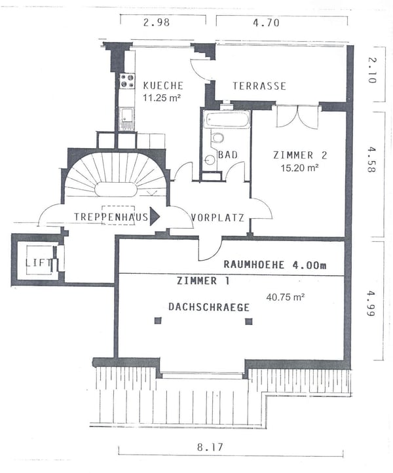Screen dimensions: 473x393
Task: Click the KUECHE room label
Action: [x=162, y=86]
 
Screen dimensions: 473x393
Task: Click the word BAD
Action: [x=229, y=155]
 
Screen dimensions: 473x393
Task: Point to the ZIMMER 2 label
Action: [x=299, y=155]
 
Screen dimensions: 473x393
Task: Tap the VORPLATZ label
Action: [x=218, y=218]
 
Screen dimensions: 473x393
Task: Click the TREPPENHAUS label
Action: [x=111, y=217]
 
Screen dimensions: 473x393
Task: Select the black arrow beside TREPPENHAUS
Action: [x=155, y=217]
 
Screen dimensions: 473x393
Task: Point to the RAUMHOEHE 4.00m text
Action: [x=274, y=265]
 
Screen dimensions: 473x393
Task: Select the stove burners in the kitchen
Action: [x=126, y=81]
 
